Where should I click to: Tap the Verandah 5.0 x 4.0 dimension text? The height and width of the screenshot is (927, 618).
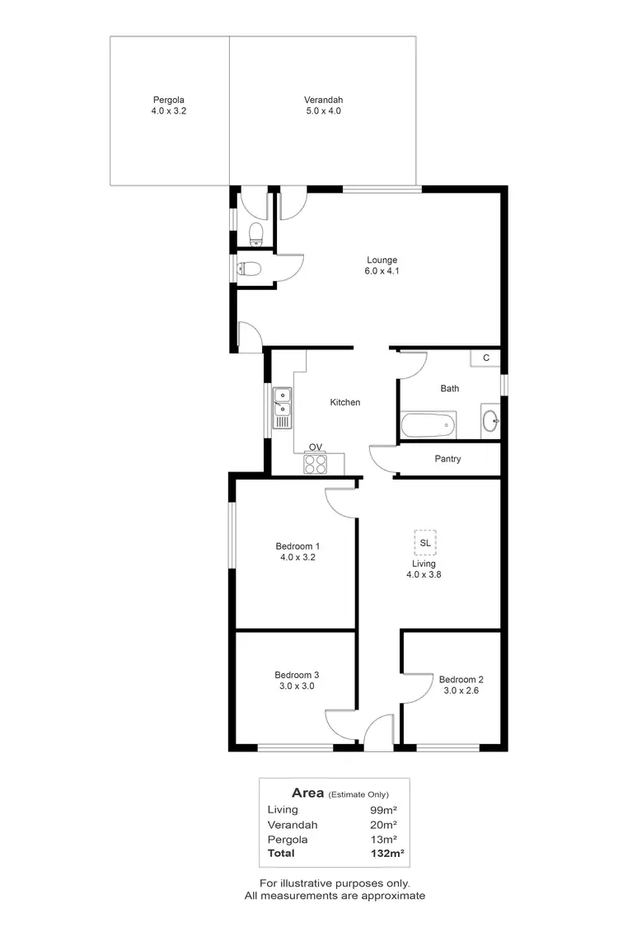(322, 110)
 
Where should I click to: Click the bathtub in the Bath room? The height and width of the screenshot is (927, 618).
(428, 426)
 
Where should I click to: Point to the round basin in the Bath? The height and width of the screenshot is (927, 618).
(489, 419)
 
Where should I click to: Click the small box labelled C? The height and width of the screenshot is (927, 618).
(486, 358)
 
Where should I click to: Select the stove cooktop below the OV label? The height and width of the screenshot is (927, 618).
(316, 463)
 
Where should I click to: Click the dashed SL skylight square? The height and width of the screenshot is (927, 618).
(425, 543)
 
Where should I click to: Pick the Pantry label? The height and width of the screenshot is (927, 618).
(447, 459)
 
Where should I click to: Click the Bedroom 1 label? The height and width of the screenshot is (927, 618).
(297, 546)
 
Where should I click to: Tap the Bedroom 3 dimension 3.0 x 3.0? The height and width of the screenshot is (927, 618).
(297, 686)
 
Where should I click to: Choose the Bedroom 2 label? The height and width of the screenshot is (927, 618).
(461, 680)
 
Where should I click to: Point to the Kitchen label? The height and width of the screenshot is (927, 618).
(345, 402)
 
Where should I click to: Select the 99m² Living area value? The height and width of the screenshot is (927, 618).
(384, 810)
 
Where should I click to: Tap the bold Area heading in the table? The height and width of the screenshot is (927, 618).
(308, 793)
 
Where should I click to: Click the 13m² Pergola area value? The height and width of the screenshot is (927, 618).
(384, 839)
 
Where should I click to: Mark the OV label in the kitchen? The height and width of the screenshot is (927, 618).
(316, 447)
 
